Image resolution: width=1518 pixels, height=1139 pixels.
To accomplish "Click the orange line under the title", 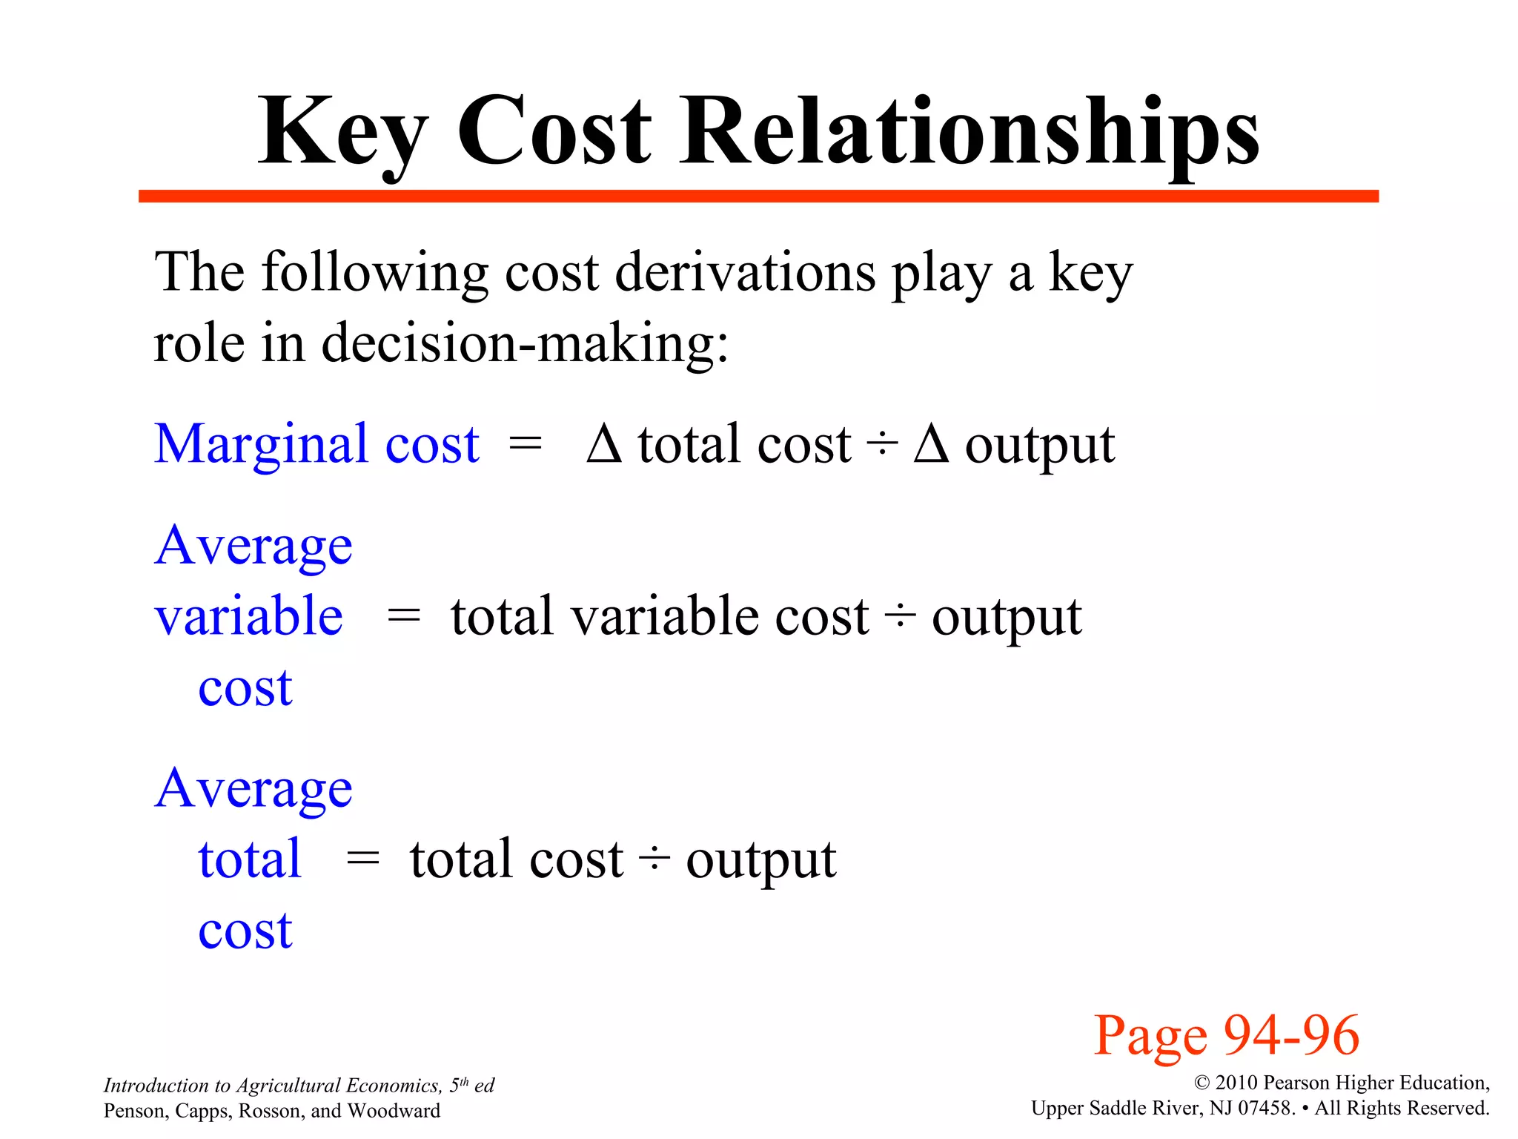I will [x=758, y=197].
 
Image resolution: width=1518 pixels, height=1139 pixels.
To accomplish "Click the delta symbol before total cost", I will [x=603, y=444].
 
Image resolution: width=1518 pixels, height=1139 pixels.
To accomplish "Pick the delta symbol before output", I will [x=931, y=444].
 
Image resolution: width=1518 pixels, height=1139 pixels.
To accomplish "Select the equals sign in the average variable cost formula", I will [x=404, y=615].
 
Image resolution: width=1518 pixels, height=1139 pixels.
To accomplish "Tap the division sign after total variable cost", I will [x=900, y=616].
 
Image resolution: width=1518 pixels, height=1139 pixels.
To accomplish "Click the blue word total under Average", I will [x=250, y=859].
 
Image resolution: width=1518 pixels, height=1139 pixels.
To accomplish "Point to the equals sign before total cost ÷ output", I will [x=362, y=859].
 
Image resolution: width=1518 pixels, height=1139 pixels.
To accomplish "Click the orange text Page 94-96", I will [x=1227, y=1035].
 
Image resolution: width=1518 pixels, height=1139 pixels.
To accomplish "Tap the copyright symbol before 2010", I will [x=1202, y=1083].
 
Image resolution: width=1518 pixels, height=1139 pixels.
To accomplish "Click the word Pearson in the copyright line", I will [x=1298, y=1083].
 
